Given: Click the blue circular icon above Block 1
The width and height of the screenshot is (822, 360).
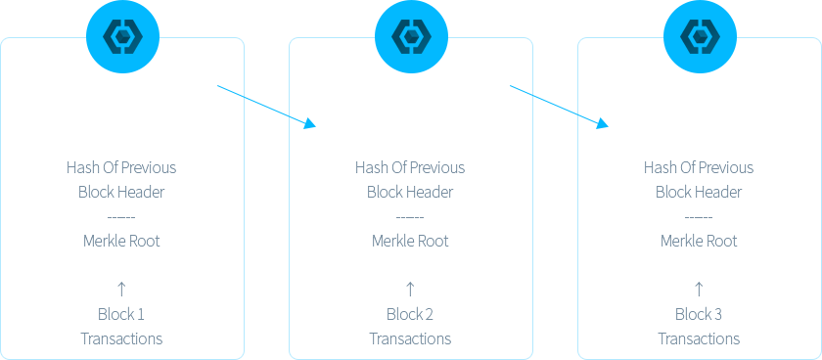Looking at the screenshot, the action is click(x=122, y=36).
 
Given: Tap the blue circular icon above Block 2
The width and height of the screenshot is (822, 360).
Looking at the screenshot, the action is click(x=412, y=36).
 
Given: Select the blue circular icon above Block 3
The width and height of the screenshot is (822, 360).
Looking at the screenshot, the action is click(x=701, y=36).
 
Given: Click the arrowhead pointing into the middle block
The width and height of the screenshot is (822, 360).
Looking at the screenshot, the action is click(x=310, y=123).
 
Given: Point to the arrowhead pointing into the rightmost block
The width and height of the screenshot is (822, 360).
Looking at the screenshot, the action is click(x=603, y=123).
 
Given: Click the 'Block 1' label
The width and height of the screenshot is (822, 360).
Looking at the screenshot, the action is click(x=121, y=314).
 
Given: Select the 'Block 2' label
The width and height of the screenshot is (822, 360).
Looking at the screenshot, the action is click(x=410, y=314).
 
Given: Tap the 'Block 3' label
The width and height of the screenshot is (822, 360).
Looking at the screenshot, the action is click(x=699, y=314).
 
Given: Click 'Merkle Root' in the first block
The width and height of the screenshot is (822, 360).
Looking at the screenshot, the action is click(x=121, y=241).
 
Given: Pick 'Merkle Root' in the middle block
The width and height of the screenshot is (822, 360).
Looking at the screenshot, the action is click(x=410, y=241).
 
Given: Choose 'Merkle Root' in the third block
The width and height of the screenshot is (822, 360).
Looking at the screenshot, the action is click(x=699, y=241).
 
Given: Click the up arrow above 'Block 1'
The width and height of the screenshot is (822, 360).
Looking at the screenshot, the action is click(x=121, y=289).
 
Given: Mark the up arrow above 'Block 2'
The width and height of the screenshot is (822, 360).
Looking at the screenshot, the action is click(x=410, y=289).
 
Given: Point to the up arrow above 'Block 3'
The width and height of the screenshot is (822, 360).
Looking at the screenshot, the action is click(x=699, y=289).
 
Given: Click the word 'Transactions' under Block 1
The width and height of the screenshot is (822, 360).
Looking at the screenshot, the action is click(x=121, y=338).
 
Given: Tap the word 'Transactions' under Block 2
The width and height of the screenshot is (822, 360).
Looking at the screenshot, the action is click(x=410, y=338).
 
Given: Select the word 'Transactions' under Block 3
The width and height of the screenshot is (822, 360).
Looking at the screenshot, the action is click(x=700, y=338).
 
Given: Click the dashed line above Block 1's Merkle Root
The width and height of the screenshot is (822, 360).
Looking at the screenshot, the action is click(x=121, y=217).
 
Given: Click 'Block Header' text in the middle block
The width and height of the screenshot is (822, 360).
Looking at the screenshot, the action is click(x=410, y=192).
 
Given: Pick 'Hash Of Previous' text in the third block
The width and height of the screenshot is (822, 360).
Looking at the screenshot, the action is click(x=699, y=167).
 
